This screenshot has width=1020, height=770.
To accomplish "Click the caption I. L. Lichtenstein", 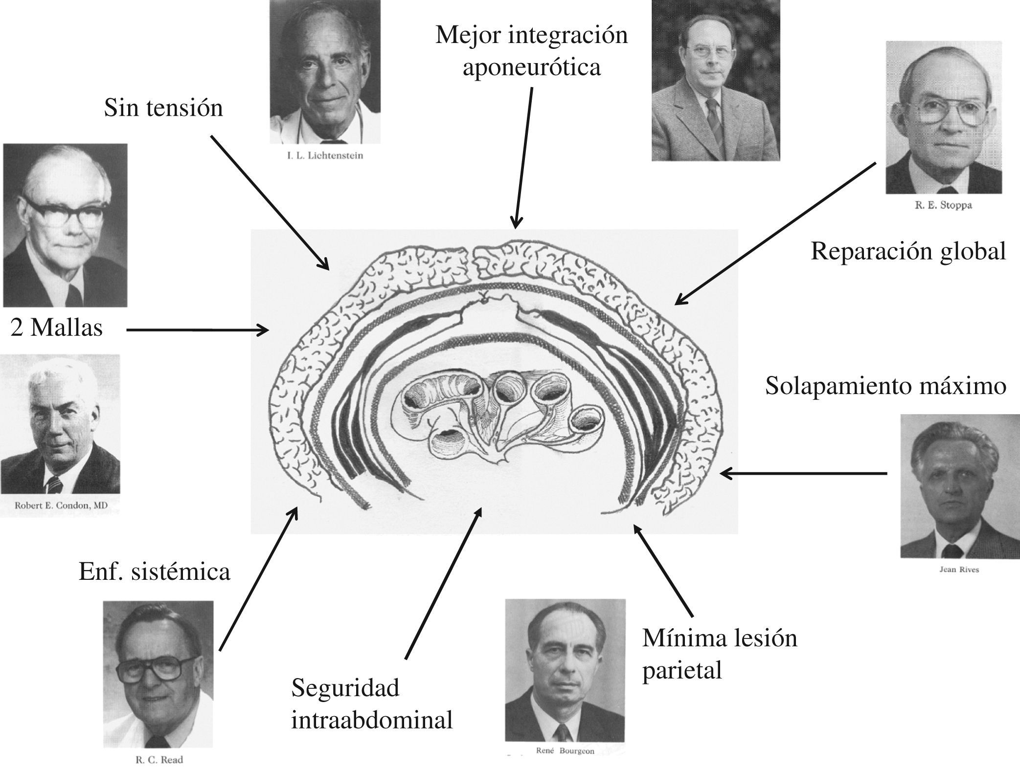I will click(325, 156).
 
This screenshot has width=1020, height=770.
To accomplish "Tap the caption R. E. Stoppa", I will click(943, 205).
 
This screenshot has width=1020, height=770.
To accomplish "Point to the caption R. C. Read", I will click(159, 760).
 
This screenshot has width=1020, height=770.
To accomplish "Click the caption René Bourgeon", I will click(565, 750).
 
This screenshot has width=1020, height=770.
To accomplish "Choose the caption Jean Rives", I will click(959, 570).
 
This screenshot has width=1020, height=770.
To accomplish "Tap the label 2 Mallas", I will click(57, 328).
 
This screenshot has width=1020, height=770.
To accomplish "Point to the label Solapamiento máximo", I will click(885, 386).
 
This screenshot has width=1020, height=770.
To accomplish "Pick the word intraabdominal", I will click(372, 721).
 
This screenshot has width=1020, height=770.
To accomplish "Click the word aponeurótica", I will click(531, 67).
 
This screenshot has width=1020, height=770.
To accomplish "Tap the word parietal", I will click(682, 671).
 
